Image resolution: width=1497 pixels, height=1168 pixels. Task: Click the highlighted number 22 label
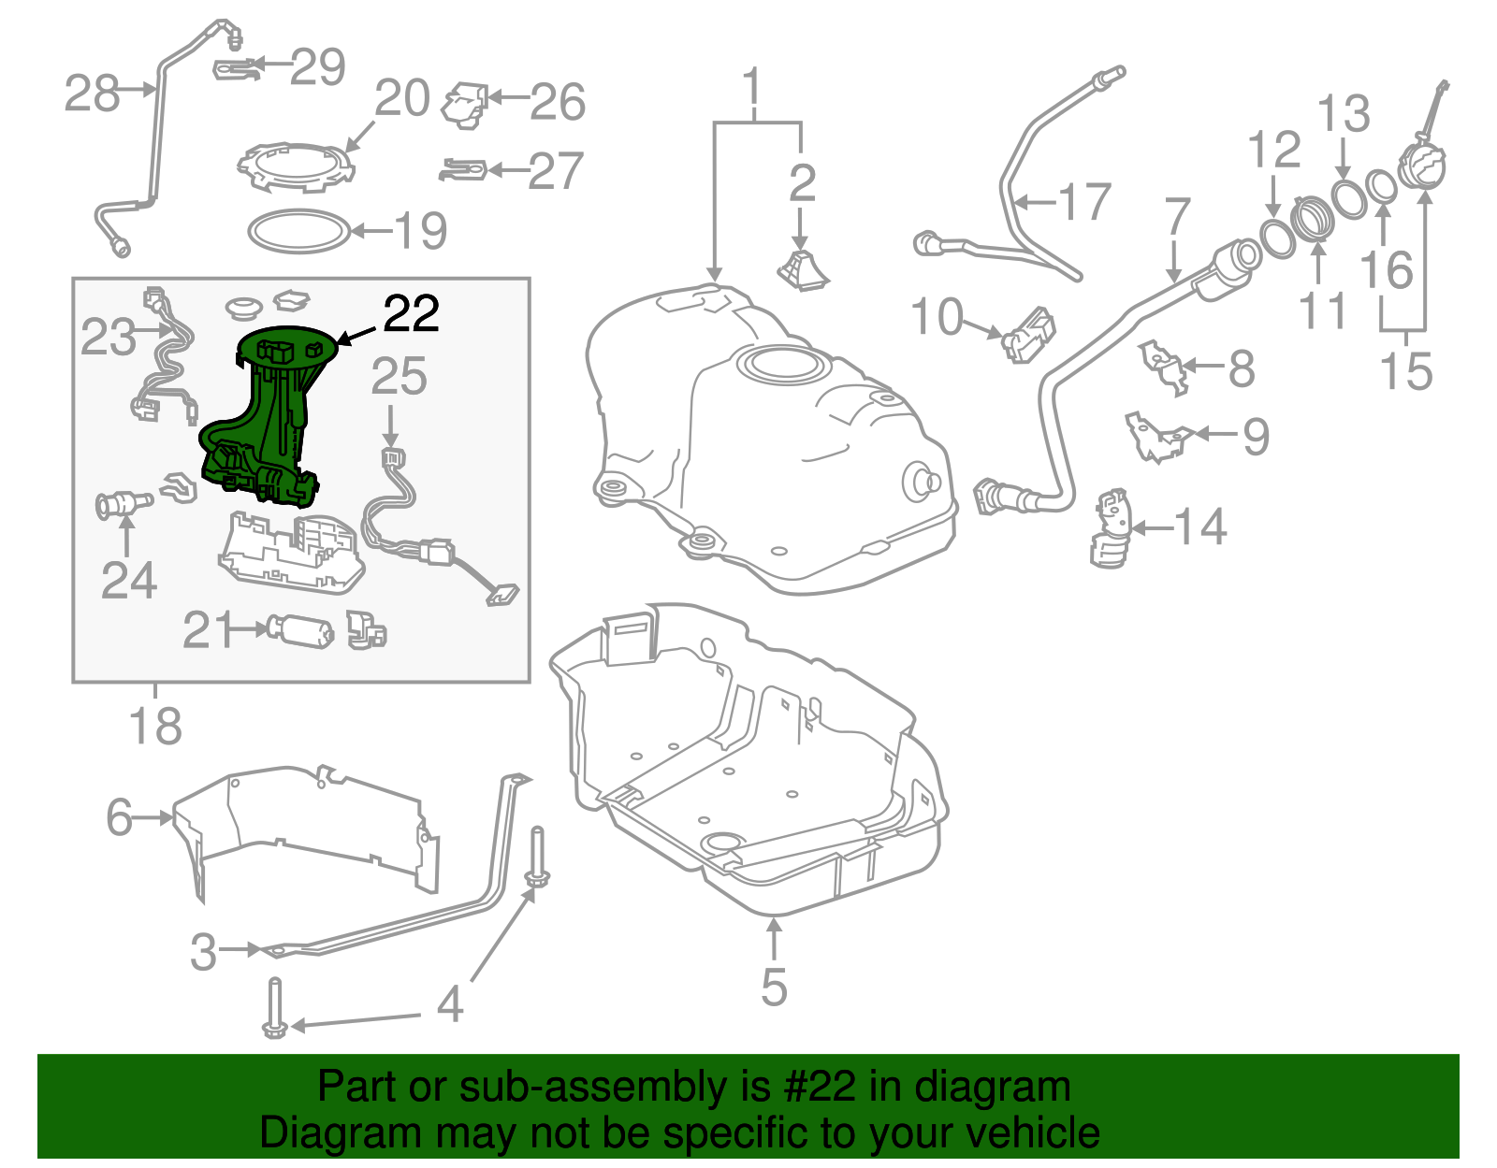coord(411,314)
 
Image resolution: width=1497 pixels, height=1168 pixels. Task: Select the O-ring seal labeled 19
coord(298,231)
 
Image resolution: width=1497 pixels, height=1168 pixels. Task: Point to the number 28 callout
coord(91,94)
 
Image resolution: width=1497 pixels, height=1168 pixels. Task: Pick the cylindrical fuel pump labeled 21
coord(299,631)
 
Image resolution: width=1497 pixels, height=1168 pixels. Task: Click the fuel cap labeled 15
coord(1422,168)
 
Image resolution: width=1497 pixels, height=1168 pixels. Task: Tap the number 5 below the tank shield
coord(774,987)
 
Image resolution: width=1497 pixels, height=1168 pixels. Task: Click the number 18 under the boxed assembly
coord(155,726)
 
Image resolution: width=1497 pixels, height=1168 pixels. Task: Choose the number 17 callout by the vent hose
coord(1084,202)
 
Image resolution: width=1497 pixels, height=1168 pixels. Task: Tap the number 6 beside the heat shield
coord(119,817)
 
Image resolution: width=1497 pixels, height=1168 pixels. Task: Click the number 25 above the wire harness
coord(399,377)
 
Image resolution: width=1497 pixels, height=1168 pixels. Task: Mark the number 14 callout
coord(1200,527)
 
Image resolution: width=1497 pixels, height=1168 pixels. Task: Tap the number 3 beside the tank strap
coord(203,952)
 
